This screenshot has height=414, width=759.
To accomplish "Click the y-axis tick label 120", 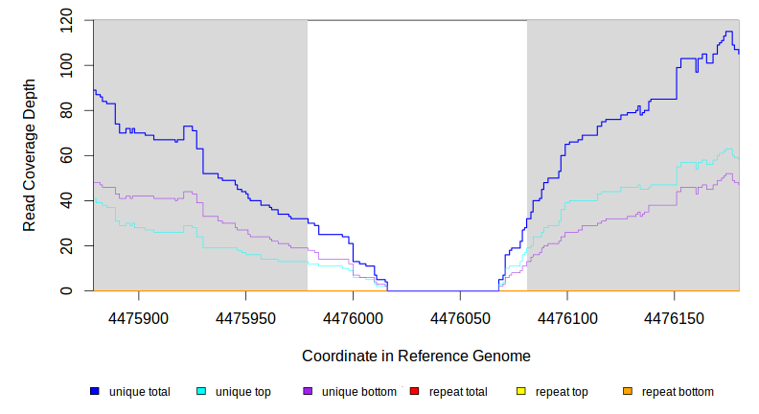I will [x=65, y=20].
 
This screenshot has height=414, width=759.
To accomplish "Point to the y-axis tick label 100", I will [x=65, y=65].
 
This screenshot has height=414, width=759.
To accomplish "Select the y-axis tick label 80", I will [x=65, y=110].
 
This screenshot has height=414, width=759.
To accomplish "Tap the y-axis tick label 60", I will [x=65, y=155].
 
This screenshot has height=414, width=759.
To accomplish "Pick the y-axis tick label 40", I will [x=65, y=200].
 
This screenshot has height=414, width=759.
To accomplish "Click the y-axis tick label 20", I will [x=65, y=245].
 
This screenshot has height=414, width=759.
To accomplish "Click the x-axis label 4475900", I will [x=140, y=315].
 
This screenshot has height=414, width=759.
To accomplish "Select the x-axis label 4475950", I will [x=246, y=315].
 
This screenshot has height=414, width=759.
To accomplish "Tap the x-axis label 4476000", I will [x=354, y=315].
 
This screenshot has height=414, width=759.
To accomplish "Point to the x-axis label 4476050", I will [x=461, y=315].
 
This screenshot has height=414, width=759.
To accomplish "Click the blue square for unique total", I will [x=95, y=391].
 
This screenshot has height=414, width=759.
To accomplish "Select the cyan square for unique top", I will [x=201, y=391].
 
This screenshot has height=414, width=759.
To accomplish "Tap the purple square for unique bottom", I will [x=308, y=391].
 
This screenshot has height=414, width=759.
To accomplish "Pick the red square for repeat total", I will [x=415, y=391].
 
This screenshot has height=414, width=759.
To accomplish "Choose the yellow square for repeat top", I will [x=521, y=391].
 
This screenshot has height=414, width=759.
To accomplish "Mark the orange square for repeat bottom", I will [x=628, y=391].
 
